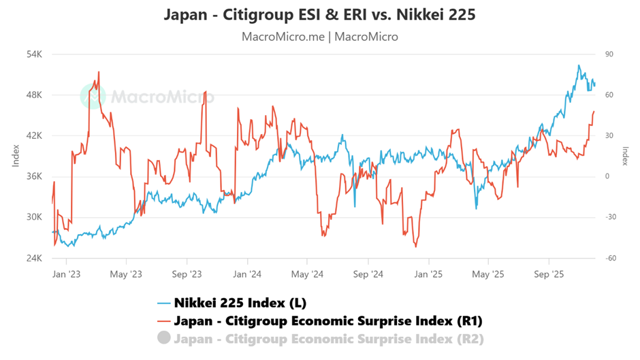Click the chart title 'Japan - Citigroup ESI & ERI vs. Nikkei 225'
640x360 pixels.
(319, 14)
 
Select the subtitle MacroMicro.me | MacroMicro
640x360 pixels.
(319, 36)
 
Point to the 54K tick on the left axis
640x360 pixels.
(34, 54)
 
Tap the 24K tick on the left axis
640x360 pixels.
(34, 259)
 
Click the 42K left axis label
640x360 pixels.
(34, 135)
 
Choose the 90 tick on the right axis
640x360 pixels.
(609, 54)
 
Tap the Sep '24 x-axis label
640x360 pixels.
(368, 274)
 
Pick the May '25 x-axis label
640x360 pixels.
(489, 274)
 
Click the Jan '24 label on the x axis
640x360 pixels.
(247, 274)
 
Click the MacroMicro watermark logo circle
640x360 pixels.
(93, 97)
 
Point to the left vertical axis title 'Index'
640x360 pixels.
(15, 157)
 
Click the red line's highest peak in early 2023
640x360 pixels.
(99, 71)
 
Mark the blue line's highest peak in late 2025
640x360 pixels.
(579, 65)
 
